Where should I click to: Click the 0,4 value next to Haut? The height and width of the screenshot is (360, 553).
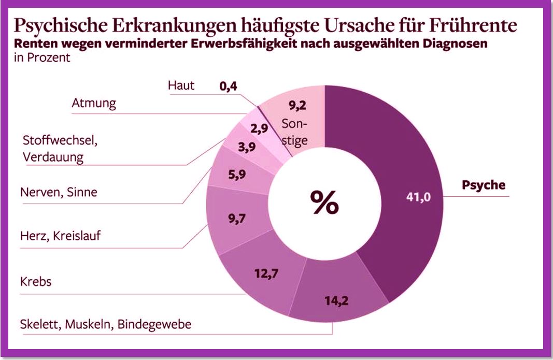228,87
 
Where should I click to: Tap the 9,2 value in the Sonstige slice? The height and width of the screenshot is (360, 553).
297,106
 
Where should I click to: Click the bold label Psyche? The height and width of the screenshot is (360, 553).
483,185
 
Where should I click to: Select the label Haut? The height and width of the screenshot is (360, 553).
181,85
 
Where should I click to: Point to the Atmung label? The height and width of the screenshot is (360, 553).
93,103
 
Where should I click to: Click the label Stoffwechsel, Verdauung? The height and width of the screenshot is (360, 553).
60,149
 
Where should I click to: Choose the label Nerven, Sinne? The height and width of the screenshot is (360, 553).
58,192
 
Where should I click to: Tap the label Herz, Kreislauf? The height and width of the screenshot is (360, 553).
60,236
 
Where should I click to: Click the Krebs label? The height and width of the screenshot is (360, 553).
36,282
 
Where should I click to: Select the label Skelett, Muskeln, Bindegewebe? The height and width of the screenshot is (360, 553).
105,325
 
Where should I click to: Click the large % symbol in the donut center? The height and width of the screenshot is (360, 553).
324,201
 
